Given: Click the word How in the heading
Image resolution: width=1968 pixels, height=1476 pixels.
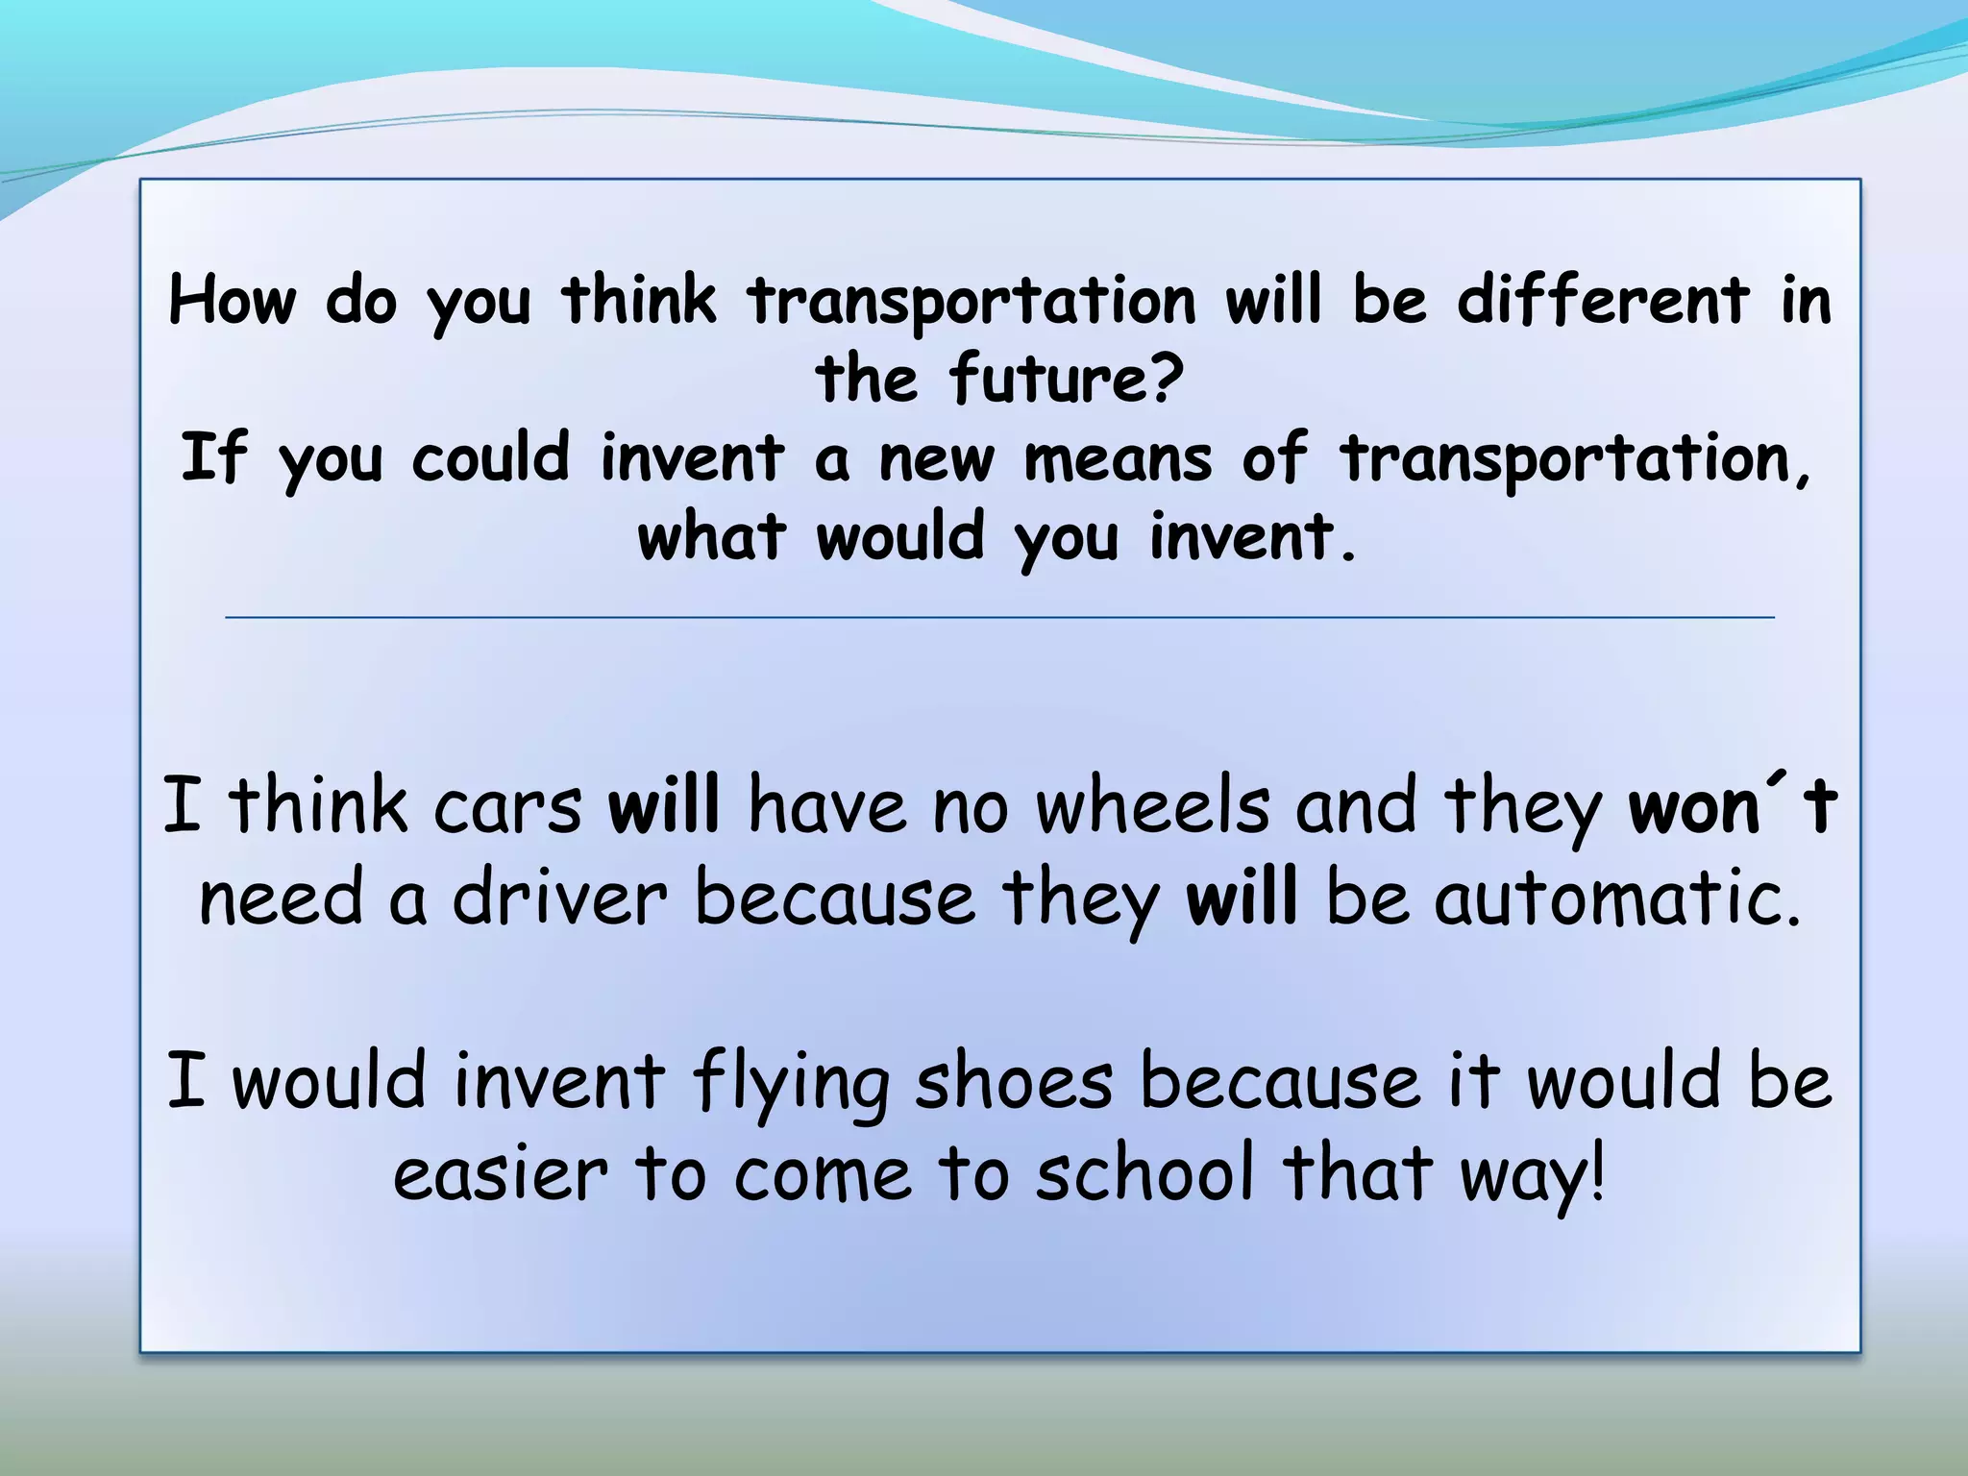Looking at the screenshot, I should (233, 300).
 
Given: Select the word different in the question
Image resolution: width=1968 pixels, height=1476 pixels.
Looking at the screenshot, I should (1602, 300).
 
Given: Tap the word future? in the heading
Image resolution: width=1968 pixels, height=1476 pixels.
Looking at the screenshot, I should (1066, 379).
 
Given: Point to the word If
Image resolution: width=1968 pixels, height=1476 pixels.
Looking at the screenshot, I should (213, 457).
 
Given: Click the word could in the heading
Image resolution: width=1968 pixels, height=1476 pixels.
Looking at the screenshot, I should (490, 457).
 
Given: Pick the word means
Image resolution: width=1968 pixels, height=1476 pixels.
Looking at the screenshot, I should (1118, 459).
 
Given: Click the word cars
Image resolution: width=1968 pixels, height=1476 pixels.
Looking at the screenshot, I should (507, 807).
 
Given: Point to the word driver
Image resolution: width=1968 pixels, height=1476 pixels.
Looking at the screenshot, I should (559, 898).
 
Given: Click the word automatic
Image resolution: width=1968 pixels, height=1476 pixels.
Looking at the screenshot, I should (1616, 898).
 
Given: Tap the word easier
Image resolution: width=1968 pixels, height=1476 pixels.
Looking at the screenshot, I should (501, 1174).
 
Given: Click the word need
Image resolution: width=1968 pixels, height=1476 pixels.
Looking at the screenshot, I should (281, 898).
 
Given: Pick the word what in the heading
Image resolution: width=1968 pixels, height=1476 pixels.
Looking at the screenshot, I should (711, 536).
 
